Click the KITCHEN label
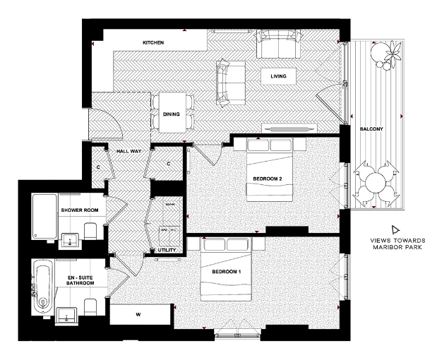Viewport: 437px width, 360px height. (153, 43)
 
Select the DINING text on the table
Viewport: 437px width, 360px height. (171, 114)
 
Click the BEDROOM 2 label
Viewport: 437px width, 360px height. (268, 178)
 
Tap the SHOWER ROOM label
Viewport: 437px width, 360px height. (78, 210)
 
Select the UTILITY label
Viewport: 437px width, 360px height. (167, 250)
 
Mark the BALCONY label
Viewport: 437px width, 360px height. (371, 129)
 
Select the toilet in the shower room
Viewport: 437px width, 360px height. (90, 232)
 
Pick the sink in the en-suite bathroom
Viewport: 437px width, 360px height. (67, 316)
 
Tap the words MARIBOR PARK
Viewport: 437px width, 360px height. (395, 247)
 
